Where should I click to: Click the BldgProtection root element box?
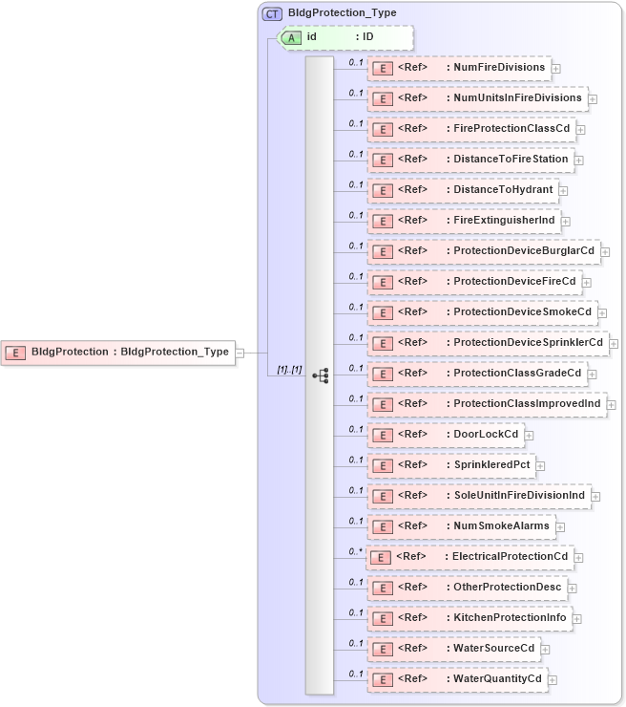[x=118, y=352]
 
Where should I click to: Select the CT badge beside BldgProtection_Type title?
[x=272, y=12]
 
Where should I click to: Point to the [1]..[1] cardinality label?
[x=289, y=370]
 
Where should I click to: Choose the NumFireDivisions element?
[x=459, y=68]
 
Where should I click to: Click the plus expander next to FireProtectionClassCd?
[x=580, y=129]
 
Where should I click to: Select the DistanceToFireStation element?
[x=470, y=160]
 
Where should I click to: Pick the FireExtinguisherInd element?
[x=463, y=221]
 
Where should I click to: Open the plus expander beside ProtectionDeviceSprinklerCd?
[x=614, y=343]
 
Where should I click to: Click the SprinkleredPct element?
[x=451, y=465]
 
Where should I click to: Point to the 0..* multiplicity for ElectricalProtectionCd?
[x=356, y=551]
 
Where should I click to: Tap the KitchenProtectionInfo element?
[x=469, y=618]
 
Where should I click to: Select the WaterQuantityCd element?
[x=457, y=679]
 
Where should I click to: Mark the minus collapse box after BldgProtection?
[x=240, y=352]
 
